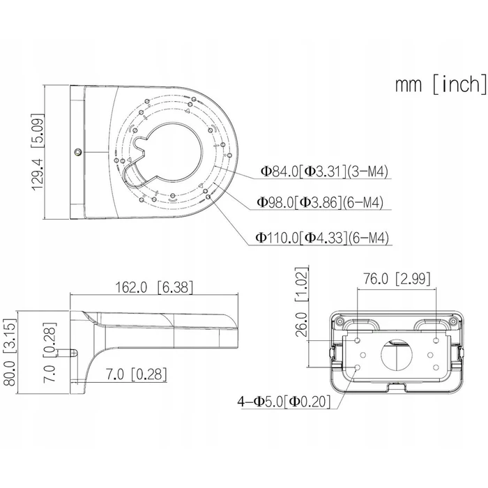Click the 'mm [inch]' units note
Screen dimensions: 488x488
coord(441,84)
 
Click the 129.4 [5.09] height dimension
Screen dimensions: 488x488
coord(38,151)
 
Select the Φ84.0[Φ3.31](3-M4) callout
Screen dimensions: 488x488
coord(324,171)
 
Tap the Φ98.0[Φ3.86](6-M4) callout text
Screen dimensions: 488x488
coord(320,202)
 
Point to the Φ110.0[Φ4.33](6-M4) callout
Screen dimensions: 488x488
coord(322,238)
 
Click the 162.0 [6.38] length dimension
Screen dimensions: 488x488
coord(154,287)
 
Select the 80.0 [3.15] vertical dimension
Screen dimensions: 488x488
coord(10,352)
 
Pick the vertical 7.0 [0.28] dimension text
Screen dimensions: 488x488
coord(49,352)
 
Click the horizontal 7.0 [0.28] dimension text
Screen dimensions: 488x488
coord(137,374)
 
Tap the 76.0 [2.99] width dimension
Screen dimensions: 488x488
coord(397,279)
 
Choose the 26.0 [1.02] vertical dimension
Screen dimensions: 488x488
coord(301,303)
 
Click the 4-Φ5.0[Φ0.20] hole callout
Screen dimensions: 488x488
coord(284,401)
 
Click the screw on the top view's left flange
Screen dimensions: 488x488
coord(78,152)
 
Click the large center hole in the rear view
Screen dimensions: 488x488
coord(397,355)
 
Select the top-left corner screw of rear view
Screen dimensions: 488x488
coord(340,321)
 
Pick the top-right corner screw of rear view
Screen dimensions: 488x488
coord(454,321)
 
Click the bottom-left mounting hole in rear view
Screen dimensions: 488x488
coord(358,367)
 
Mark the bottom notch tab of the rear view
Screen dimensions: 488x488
coord(397,388)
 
